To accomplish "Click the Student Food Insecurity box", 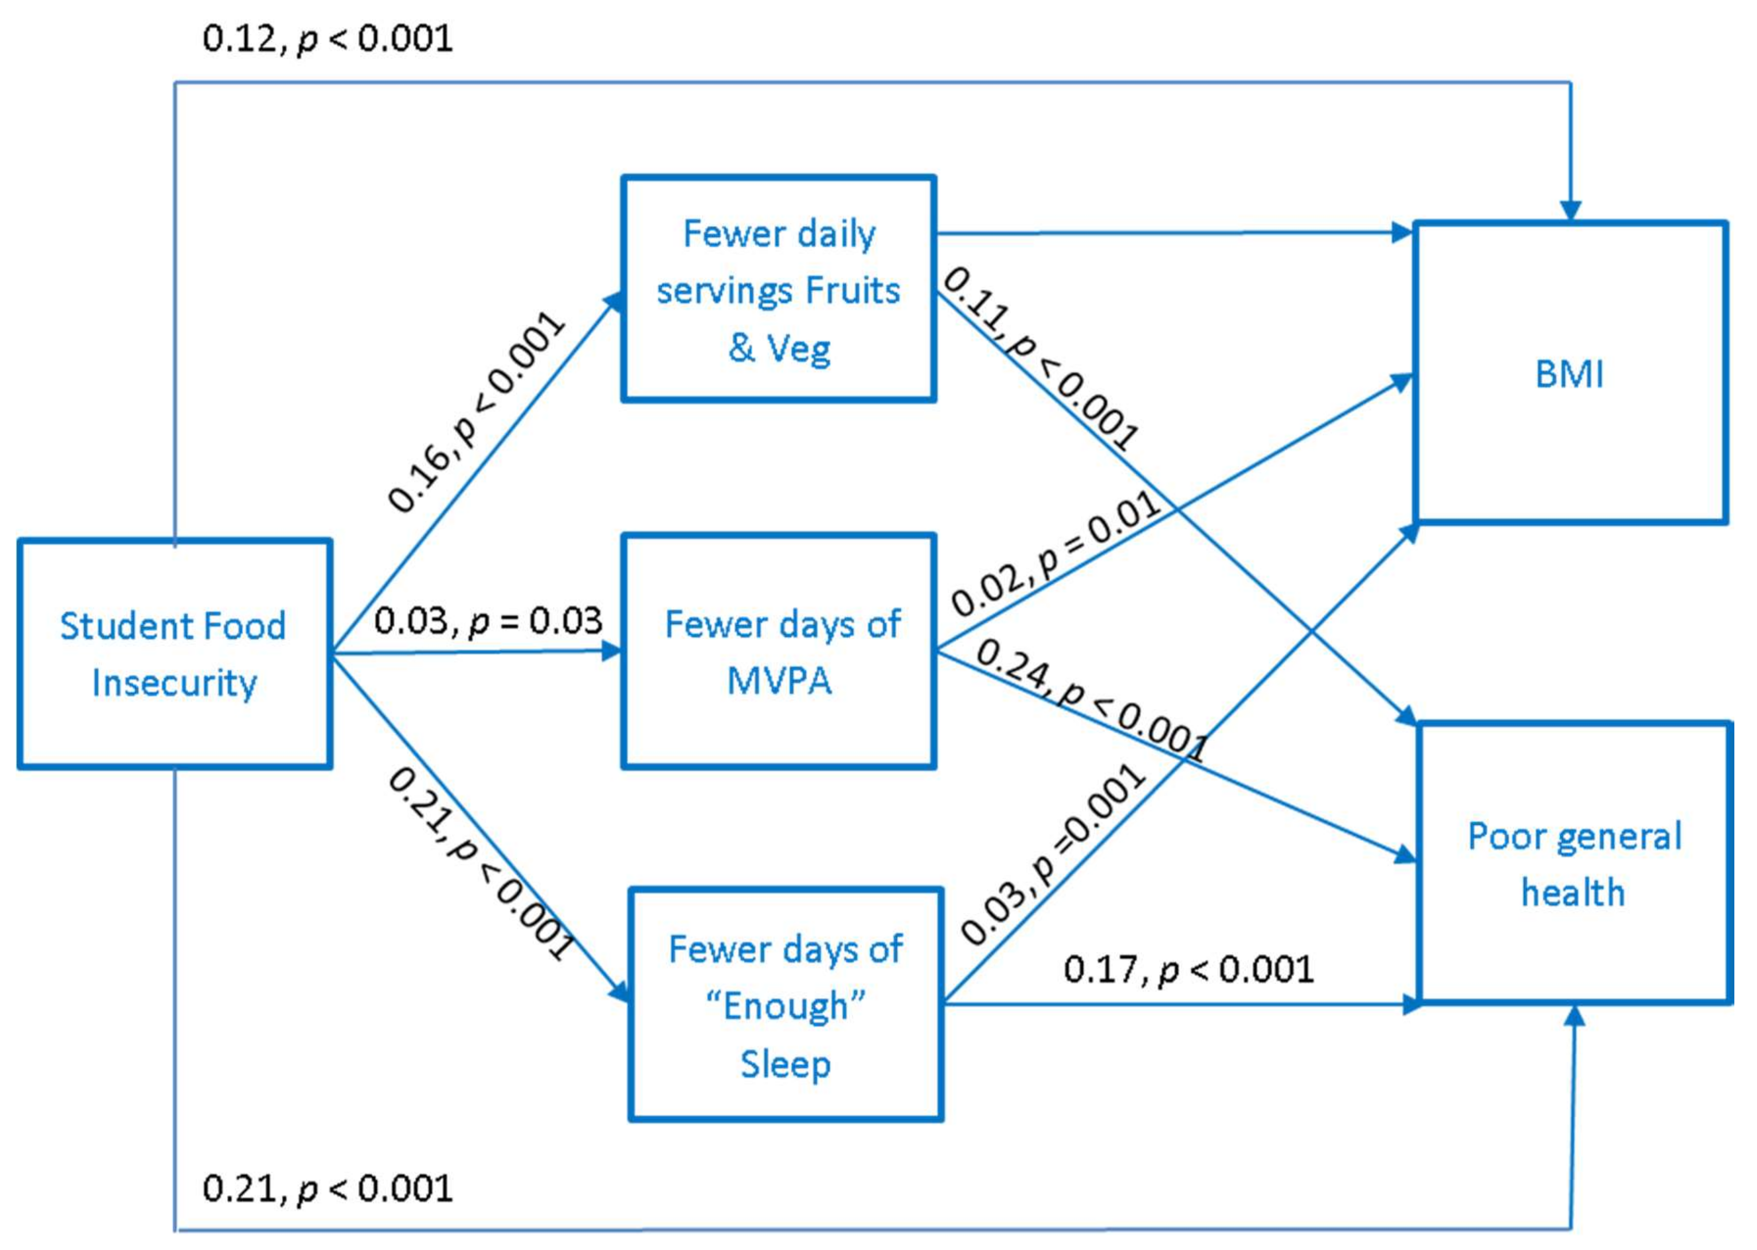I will coord(175,654).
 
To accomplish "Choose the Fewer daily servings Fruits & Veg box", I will coord(779,289).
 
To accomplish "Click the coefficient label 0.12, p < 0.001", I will coord(327,38).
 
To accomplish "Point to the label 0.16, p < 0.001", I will coord(475,412).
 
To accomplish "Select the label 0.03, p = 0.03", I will coord(488,621).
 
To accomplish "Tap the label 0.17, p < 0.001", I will coord(1188,969).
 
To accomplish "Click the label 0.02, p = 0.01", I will coord(1055,554).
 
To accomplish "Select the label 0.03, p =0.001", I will coord(1053,854).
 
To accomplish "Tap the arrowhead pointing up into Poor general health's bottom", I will coord(1574,1016).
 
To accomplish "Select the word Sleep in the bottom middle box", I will coord(785,1064).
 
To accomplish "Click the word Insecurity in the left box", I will coord(174,683).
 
